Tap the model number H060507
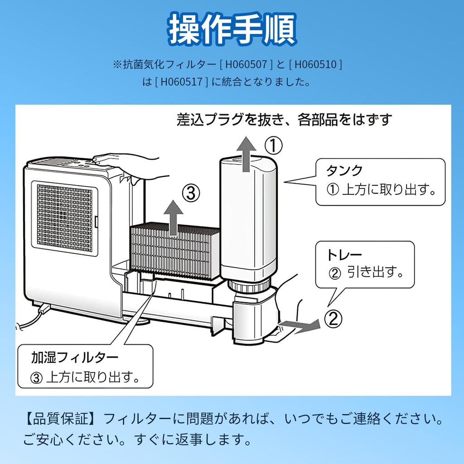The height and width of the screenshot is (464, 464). (x=245, y=64)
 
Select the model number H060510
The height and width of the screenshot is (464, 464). (x=315, y=64)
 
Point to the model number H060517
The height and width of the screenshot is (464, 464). (x=181, y=82)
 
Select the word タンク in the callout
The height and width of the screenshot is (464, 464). (x=345, y=170)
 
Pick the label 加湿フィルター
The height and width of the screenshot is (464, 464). (x=75, y=358)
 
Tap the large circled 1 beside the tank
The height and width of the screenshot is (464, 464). (x=273, y=146)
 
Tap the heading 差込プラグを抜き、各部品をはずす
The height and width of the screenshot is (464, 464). (x=284, y=120)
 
